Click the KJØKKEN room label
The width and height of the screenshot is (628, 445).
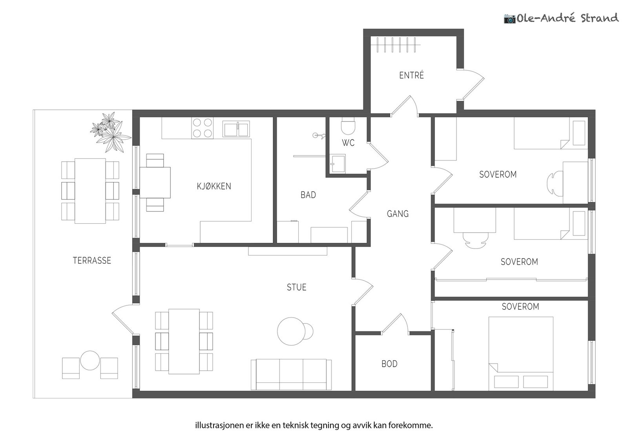(214, 186)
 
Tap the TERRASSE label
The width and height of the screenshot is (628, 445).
(92, 261)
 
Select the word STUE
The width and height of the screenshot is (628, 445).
(296, 287)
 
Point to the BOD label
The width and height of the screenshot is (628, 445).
(389, 364)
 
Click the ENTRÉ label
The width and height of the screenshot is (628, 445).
(411, 75)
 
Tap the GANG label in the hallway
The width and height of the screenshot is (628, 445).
(398, 214)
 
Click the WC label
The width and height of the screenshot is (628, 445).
(348, 143)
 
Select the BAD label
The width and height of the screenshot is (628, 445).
(308, 195)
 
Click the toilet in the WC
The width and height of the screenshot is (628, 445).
(348, 126)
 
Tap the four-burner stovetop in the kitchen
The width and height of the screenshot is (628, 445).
(202, 128)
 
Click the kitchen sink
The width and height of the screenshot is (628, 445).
(236, 129)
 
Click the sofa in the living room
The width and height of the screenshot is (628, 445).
(291, 375)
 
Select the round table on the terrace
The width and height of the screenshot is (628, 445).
(90, 360)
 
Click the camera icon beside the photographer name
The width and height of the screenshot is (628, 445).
(510, 19)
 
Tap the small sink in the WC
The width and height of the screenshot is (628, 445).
(338, 164)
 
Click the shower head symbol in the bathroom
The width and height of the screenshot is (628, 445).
(319, 136)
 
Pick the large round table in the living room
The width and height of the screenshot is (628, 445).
(291, 331)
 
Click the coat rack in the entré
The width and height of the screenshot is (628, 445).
(395, 45)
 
